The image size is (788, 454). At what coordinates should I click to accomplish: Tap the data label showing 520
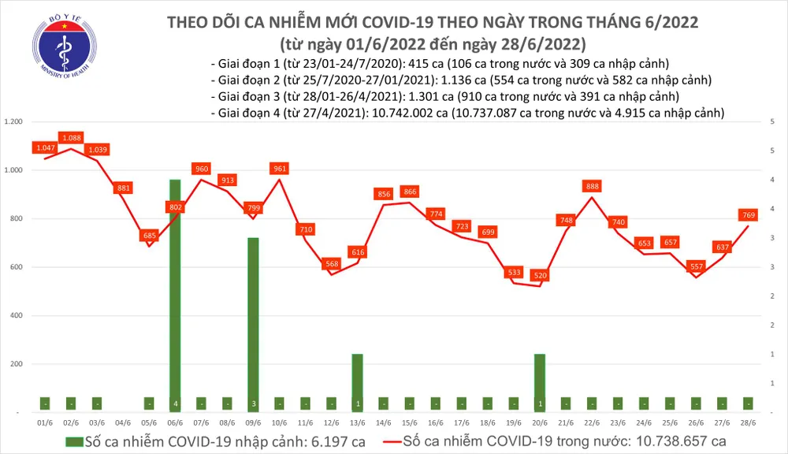[540, 276]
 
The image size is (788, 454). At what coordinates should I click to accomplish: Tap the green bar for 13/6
[358, 382]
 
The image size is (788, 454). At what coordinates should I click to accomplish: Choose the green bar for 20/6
[540, 382]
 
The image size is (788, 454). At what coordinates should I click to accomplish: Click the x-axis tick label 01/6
[46, 423]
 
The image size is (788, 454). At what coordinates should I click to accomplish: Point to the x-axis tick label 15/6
[410, 423]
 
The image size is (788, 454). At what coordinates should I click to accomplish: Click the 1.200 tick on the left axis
[14, 122]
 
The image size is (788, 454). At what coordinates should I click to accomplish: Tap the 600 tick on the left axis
[17, 267]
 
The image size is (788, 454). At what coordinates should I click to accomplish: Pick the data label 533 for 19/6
[514, 273]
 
